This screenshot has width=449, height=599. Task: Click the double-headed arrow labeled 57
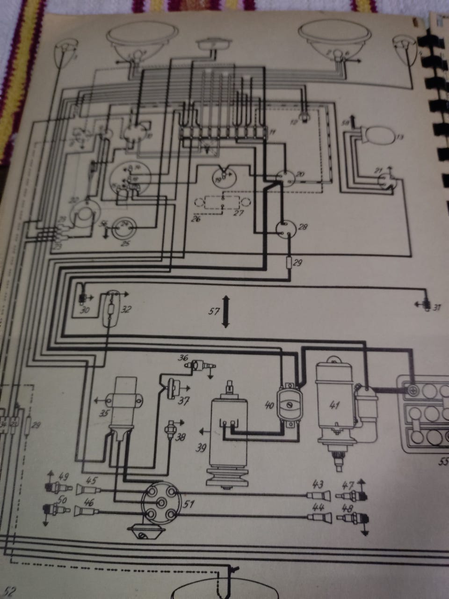click(225, 311)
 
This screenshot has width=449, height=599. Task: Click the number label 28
click(303, 227)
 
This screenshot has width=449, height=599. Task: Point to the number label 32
click(126, 309)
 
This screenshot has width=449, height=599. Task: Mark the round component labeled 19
click(225, 176)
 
